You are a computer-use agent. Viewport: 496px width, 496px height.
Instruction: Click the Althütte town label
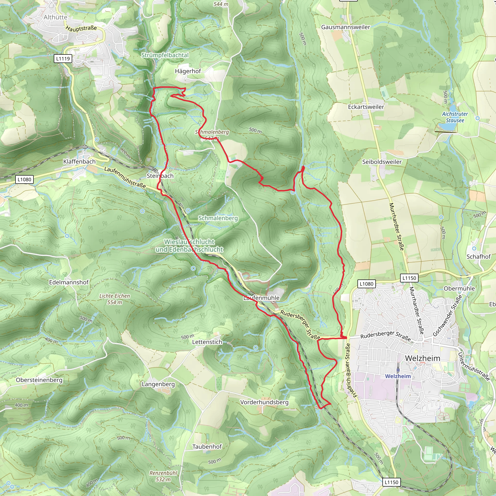coord(55,17)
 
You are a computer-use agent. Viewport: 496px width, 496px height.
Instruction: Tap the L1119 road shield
coord(63,59)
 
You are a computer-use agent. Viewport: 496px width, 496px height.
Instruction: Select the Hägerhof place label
coord(188,71)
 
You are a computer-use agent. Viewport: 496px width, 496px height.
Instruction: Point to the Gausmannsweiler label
coord(346,27)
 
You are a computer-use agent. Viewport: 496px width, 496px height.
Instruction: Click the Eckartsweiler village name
coord(366,107)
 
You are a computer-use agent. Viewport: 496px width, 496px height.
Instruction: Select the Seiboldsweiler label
coord(382,162)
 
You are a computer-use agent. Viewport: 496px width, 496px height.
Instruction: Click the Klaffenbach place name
coord(79,162)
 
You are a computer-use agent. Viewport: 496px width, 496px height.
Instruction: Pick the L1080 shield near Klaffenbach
coord(24,179)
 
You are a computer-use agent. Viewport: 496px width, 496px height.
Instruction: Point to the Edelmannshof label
coord(69,282)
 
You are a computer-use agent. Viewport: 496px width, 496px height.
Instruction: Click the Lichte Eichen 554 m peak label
coord(115,299)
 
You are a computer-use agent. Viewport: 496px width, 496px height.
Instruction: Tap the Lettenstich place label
coord(207,342)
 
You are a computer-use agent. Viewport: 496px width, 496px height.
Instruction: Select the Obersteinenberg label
coord(39,380)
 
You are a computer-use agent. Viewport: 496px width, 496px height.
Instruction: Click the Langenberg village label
coord(158,384)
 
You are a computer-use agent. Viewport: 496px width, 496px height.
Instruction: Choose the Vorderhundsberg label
coord(264,402)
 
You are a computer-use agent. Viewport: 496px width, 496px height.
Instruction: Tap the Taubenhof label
coord(207,446)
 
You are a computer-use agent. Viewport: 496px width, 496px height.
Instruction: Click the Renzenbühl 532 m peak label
coord(163,476)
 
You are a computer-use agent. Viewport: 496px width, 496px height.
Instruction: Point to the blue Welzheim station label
coord(398,376)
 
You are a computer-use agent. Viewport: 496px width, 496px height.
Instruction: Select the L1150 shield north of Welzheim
coord(409,278)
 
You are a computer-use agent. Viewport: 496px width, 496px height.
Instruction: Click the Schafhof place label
coord(478,256)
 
